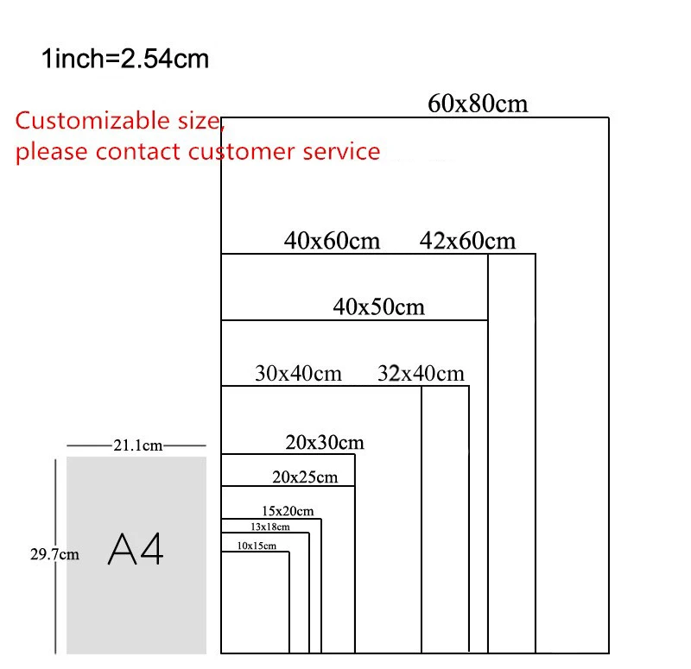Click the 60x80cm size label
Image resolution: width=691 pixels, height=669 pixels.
tap(478, 104)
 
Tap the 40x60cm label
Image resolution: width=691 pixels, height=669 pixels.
tap(332, 241)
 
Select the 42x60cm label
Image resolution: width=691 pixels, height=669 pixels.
tap(467, 241)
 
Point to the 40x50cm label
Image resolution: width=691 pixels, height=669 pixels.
tap(379, 306)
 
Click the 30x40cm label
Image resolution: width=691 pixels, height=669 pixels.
tap(299, 374)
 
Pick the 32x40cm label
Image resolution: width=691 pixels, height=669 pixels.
tap(421, 374)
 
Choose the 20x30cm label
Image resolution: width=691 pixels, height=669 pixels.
tap(325, 443)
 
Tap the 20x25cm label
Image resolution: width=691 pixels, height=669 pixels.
tap(305, 477)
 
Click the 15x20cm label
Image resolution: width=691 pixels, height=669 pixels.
tap(288, 511)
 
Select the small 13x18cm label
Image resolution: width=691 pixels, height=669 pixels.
tap(270, 527)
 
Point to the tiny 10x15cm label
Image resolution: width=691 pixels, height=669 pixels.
tap(257, 546)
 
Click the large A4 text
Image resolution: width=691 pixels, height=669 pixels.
tap(136, 549)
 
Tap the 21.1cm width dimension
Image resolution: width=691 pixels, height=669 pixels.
tap(137, 445)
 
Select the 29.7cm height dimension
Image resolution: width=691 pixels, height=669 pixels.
tap(54, 554)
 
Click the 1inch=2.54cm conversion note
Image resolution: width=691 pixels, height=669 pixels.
tap(125, 60)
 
